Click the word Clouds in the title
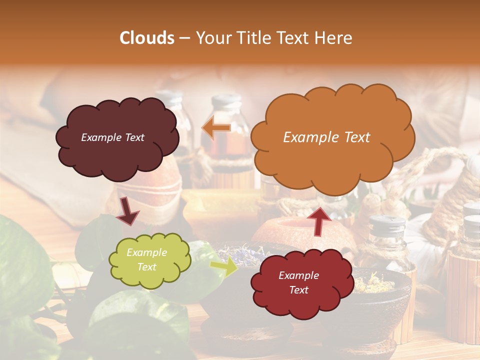pos(147,38)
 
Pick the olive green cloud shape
pos(149,260)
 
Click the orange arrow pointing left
pos(216,128)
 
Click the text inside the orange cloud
pos(326,137)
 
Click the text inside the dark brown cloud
pos(112,137)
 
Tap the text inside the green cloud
pos(147,260)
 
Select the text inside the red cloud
pos(298,282)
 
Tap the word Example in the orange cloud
pos(311,137)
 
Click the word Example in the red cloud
pos(298,275)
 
